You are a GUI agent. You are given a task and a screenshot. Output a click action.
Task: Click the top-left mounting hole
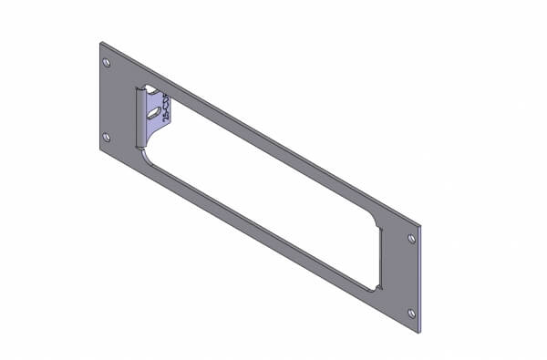coord(107,63)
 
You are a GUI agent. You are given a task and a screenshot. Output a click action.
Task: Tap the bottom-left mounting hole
coord(107,138)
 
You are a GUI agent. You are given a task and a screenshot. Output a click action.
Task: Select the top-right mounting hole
coord(412,239)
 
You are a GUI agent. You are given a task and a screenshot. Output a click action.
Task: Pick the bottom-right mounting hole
coord(412,314)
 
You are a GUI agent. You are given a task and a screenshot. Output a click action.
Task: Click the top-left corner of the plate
coord(101,41)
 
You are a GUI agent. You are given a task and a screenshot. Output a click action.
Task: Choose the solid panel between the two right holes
coord(403,273)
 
